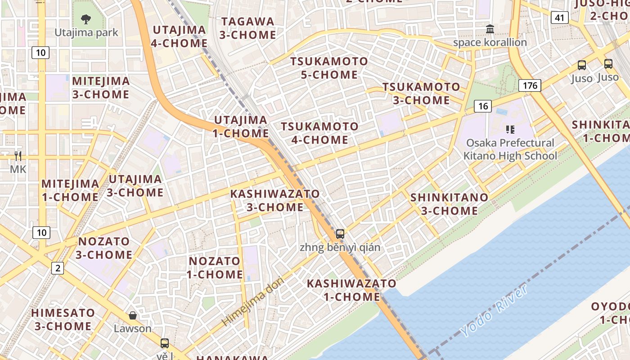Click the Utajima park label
[x=86, y=32]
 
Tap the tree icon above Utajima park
[x=86, y=19]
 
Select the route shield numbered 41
[x=559, y=18]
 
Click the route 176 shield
[x=530, y=85]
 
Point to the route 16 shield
[x=482, y=106]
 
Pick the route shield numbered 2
[x=58, y=269]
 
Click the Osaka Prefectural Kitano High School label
[x=510, y=149]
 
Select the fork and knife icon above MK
[x=18, y=156]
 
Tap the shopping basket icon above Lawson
[x=132, y=315]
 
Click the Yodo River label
[x=495, y=310]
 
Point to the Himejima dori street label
[x=253, y=302]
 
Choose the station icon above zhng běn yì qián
[x=340, y=234]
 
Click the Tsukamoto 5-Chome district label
[x=329, y=68]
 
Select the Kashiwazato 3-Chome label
[x=275, y=201]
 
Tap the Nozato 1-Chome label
[x=215, y=268]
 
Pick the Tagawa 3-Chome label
[x=248, y=28]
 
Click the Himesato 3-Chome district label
[x=63, y=319]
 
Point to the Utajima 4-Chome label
[x=180, y=36]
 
